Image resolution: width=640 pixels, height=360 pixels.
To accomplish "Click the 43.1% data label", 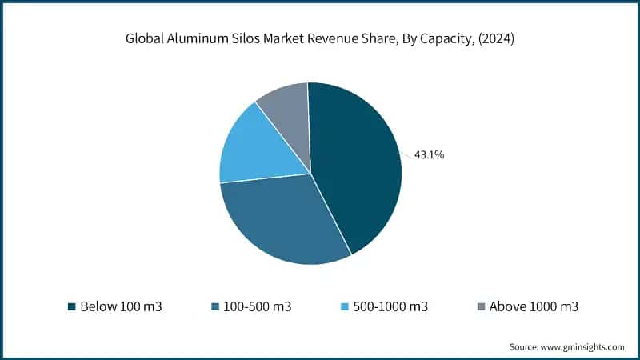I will pyautogui.click(x=429, y=155).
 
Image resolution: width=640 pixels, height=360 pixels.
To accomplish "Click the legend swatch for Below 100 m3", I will pyautogui.click(x=72, y=306).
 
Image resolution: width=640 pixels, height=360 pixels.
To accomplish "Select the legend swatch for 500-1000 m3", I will pyautogui.click(x=345, y=306).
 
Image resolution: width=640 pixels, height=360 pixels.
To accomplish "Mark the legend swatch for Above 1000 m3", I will pyautogui.click(x=480, y=306).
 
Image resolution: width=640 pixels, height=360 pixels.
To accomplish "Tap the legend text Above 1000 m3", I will pyautogui.click(x=534, y=306).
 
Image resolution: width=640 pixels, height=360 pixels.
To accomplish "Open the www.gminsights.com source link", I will pyautogui.click(x=583, y=346).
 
